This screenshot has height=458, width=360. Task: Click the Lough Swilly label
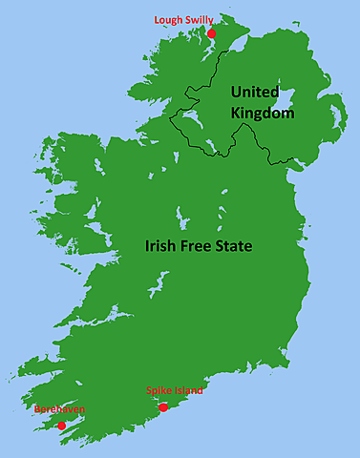pyautogui.click(x=184, y=19)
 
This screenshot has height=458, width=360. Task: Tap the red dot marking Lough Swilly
pyautogui.click(x=211, y=33)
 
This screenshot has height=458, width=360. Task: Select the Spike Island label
pyautogui.click(x=174, y=391)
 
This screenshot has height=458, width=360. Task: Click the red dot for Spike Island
pyautogui.click(x=163, y=407)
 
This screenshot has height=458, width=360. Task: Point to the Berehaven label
pyautogui.click(x=59, y=410)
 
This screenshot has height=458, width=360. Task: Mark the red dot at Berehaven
pyautogui.click(x=61, y=426)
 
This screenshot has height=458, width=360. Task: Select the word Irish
pyautogui.click(x=160, y=245)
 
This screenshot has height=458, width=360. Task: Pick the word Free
pyautogui.click(x=198, y=245)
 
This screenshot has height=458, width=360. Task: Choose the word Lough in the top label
pyautogui.click(x=169, y=19)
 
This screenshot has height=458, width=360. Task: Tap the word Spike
pyautogui.click(x=159, y=391)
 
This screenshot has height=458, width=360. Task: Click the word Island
pyautogui.click(x=188, y=391)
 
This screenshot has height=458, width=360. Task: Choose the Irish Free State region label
pyautogui.click(x=199, y=245)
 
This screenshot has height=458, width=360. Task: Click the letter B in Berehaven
pyautogui.click(x=37, y=410)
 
